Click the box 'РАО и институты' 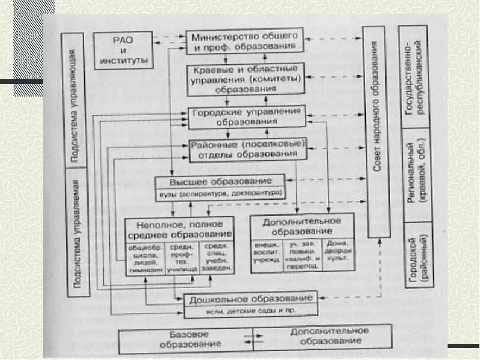pos(126,50)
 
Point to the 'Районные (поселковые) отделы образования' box pos(248,150)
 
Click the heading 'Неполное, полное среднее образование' pos(179,228)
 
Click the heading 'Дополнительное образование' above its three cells pos(301,226)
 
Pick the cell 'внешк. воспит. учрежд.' pos(268,256)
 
